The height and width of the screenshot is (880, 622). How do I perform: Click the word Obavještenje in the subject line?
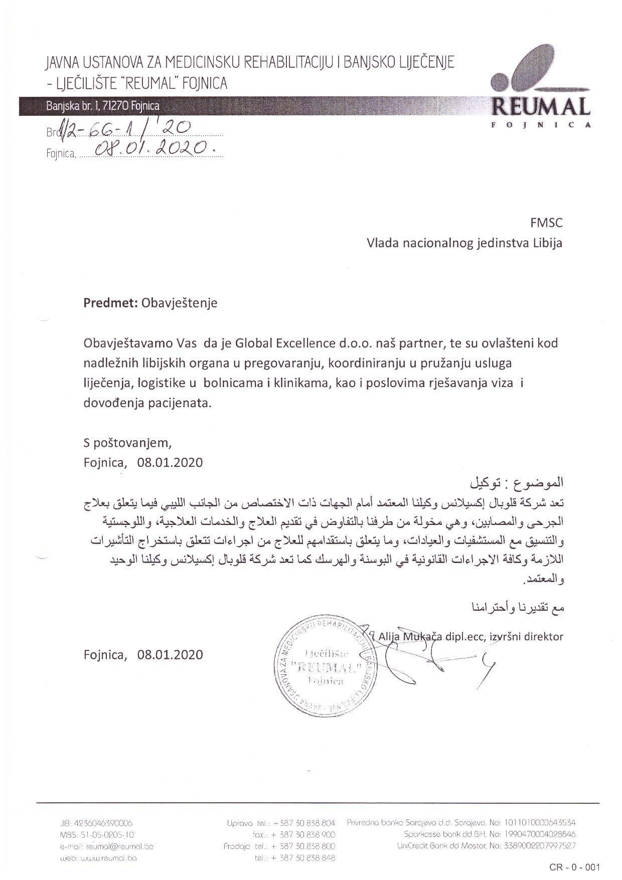pyautogui.click(x=180, y=303)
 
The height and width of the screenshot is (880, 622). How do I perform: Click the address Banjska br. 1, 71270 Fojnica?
pyautogui.click(x=103, y=106)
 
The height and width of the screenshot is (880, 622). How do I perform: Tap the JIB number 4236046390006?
pyautogui.click(x=103, y=823)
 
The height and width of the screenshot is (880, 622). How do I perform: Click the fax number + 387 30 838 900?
pyautogui.click(x=303, y=835)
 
